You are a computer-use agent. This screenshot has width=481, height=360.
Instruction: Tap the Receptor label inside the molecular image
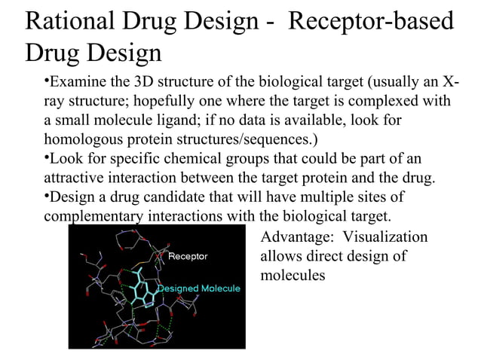[188, 257]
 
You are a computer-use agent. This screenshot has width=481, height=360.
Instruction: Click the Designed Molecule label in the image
[198, 288]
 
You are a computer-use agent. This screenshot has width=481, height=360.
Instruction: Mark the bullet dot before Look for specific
[44, 157]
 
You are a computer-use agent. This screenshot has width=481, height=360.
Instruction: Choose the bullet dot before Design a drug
[44, 196]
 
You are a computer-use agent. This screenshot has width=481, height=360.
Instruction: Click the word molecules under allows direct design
[293, 276]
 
